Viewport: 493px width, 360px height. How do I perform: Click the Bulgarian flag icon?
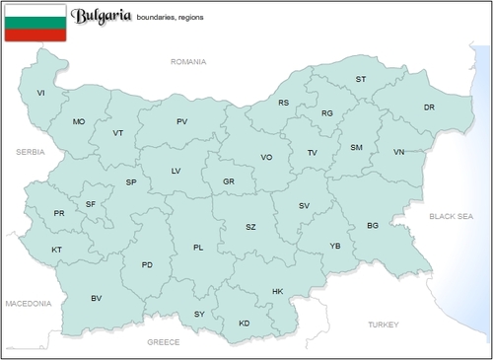tap(35, 23)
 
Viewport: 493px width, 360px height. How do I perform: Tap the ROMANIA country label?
tap(188, 61)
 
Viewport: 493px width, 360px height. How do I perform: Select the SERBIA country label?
tap(31, 152)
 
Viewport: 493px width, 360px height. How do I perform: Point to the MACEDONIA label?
tap(28, 304)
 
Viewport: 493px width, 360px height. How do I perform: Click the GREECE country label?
tap(163, 341)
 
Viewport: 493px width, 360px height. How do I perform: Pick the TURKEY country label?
tap(384, 324)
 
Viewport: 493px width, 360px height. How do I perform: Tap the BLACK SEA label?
tap(451, 215)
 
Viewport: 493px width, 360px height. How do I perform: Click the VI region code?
tap(41, 93)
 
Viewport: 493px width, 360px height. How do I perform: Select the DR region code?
tap(429, 107)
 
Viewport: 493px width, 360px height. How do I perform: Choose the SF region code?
tap(91, 203)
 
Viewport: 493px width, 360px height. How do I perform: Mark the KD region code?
tap(245, 324)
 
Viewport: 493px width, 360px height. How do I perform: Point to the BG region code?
tap(373, 226)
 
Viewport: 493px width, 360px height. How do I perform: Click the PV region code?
tap(181, 121)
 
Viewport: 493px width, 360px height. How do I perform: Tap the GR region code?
tap(229, 181)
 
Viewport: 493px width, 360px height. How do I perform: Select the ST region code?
tap(361, 79)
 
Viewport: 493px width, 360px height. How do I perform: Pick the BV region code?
tap(97, 298)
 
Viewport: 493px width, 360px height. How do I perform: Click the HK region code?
tap(277, 291)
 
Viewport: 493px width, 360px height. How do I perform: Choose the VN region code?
tap(398, 152)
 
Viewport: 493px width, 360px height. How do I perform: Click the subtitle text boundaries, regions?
tap(176, 17)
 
